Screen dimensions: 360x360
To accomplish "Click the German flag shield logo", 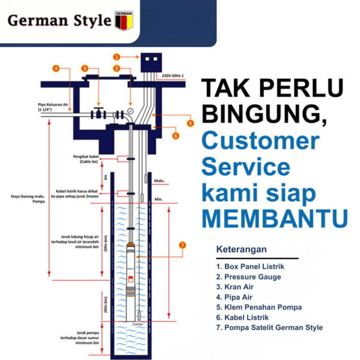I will [x=124, y=21].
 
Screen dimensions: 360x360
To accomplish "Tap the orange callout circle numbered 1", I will [x=116, y=57].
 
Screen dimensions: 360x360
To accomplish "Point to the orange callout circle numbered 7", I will [x=182, y=245].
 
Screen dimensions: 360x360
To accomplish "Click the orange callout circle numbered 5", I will [x=190, y=123].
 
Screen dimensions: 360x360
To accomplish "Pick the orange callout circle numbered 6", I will [x=176, y=136].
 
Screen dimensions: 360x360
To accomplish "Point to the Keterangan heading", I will [x=241, y=250].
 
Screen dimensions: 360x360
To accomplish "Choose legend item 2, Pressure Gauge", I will [x=249, y=277].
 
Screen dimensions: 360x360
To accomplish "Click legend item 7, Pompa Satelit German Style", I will [x=269, y=327].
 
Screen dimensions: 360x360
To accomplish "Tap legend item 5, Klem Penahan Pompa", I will [x=259, y=307].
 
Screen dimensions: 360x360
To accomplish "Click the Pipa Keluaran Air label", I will [x=54, y=107].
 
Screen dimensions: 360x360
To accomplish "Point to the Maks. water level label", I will [x=159, y=181].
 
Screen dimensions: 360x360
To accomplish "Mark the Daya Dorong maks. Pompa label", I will [x=28, y=199].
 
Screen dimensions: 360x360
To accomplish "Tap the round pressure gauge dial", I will [x=131, y=111].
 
